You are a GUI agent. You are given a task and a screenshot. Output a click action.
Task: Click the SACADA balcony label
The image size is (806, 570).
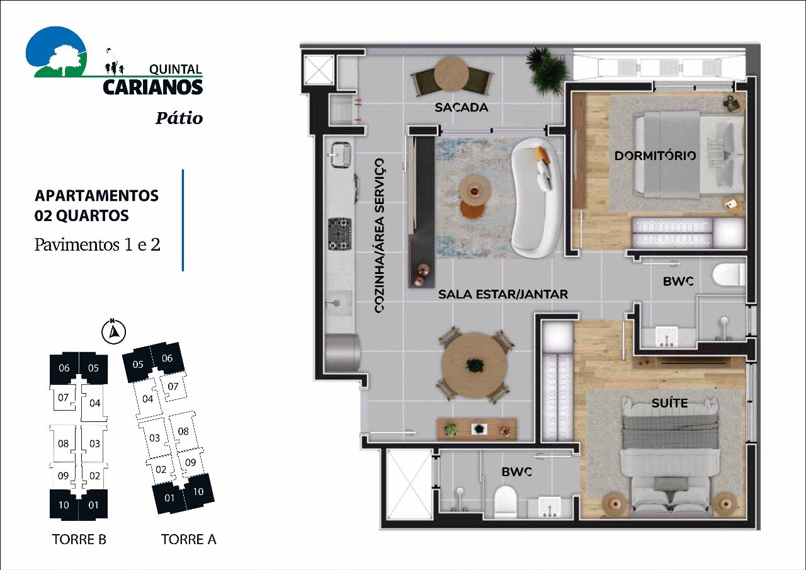pyautogui.click(x=461, y=108)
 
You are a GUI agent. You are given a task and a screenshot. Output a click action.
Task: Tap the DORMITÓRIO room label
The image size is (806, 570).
pyautogui.click(x=656, y=155)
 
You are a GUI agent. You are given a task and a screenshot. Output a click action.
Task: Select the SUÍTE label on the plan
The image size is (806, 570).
pyautogui.click(x=669, y=402)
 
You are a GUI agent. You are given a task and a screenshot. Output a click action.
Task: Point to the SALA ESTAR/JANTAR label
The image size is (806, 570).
pyautogui.click(x=503, y=294)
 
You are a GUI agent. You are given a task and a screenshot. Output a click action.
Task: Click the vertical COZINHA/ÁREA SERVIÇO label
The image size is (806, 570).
pyautogui.click(x=379, y=236)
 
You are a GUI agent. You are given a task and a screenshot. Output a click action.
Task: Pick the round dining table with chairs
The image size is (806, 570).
pyautogui.click(x=474, y=365)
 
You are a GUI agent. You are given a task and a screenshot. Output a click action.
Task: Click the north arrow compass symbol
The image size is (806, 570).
pyautogui.click(x=114, y=331)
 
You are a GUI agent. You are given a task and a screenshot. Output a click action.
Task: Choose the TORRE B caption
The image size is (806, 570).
pyautogui.click(x=79, y=539)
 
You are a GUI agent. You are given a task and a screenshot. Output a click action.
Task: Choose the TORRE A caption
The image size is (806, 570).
pyautogui.click(x=188, y=539)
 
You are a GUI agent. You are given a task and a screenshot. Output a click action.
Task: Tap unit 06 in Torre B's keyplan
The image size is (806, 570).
pyautogui.click(x=64, y=368)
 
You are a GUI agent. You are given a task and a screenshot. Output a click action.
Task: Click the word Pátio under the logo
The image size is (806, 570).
pyautogui.click(x=179, y=118)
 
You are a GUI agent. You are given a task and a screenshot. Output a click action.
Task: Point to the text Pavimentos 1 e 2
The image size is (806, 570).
pyautogui.click(x=97, y=244)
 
